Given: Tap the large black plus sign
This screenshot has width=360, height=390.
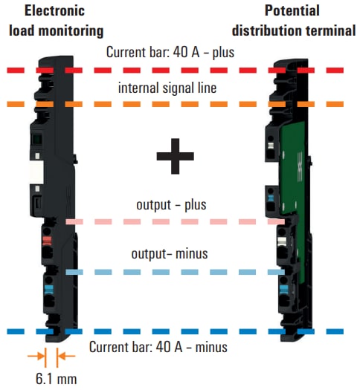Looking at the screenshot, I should [176, 155].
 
